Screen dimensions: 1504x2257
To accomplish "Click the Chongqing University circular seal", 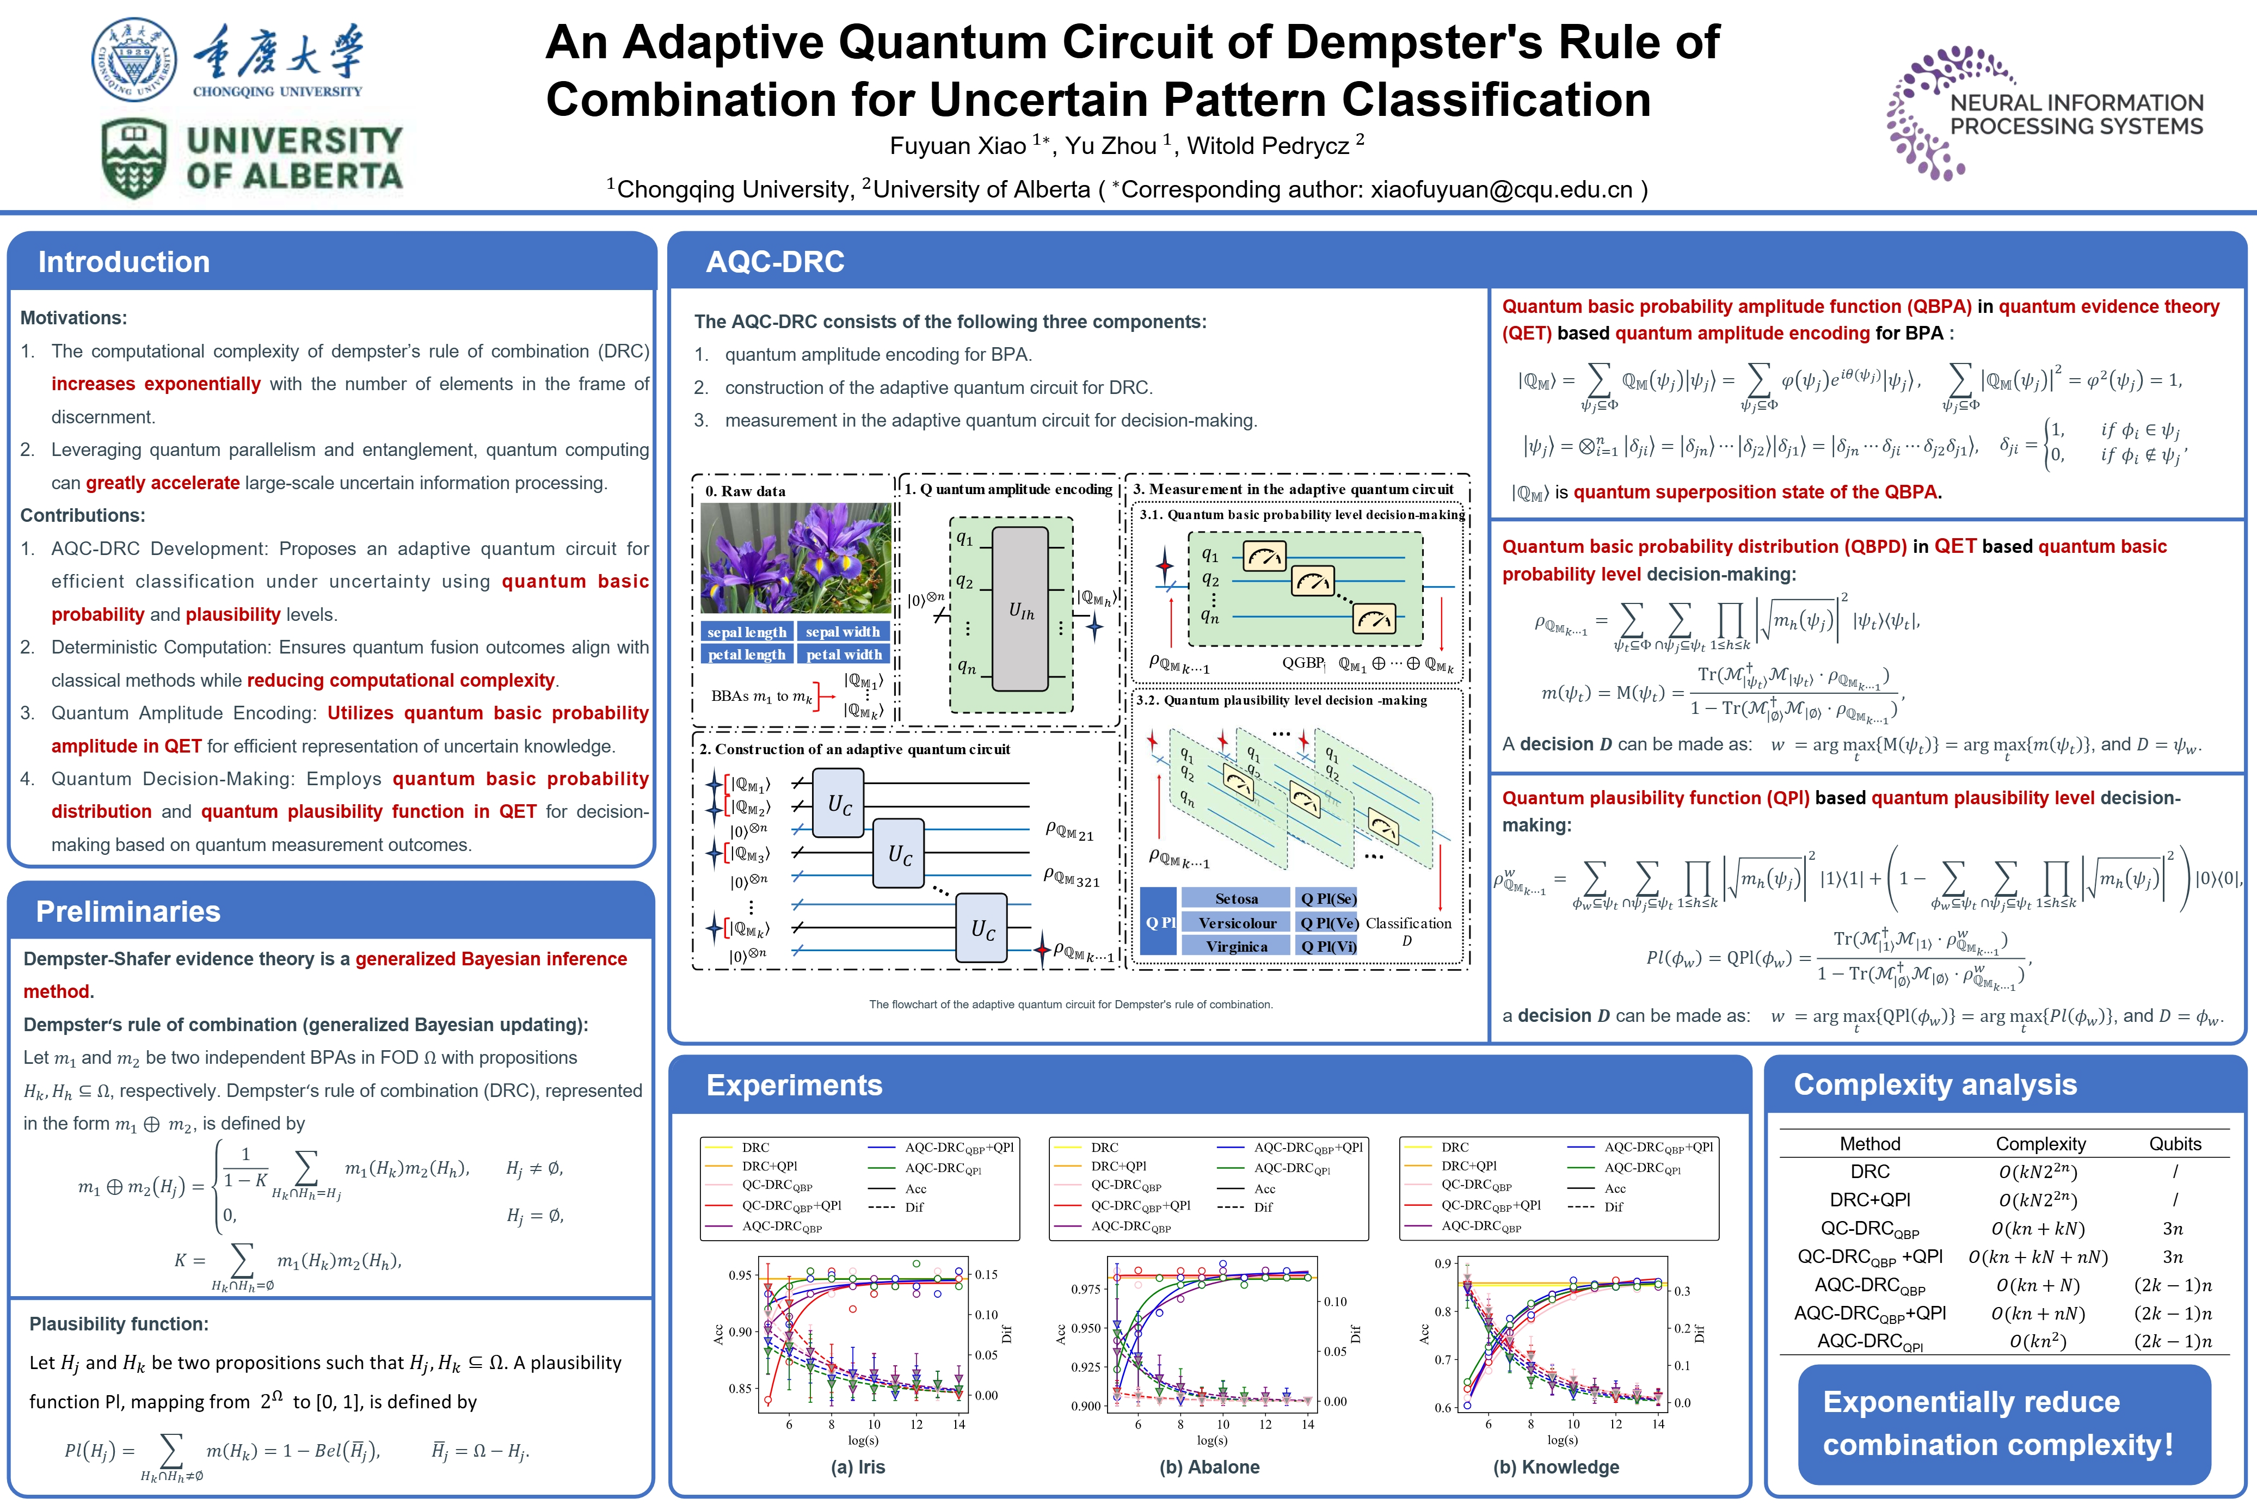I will [x=134, y=59].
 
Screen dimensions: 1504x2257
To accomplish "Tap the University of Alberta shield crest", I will [x=134, y=158].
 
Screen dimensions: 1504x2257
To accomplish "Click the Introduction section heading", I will [x=124, y=262].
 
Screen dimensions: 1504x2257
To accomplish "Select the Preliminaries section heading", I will [x=127, y=911].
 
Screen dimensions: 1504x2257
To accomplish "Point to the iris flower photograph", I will [x=795, y=558].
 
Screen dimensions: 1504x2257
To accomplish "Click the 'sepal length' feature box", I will [x=746, y=632].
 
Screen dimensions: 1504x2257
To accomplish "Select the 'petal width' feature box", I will [x=843, y=654].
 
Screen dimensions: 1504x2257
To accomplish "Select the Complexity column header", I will [x=2040, y=1143].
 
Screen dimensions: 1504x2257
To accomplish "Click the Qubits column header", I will [x=2174, y=1143].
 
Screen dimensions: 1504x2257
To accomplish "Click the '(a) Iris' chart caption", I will [x=858, y=1466].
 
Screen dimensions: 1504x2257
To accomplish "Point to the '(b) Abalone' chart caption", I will [x=1209, y=1466].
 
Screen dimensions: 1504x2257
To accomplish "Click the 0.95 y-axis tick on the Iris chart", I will [x=740, y=1275].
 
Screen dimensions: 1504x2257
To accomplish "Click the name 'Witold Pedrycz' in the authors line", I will [x=1269, y=146].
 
